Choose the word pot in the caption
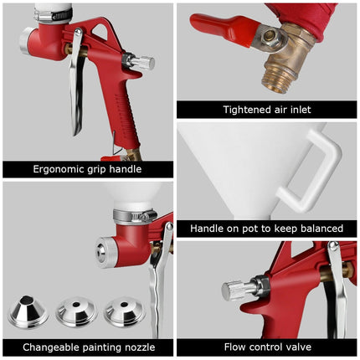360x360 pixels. (252, 229)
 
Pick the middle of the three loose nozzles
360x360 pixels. (76, 313)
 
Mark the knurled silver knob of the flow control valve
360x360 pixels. (237, 290)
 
